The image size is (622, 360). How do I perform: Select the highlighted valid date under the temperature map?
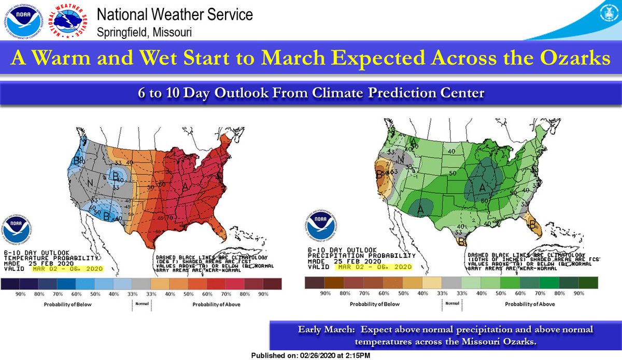pyautogui.click(x=67, y=269)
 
